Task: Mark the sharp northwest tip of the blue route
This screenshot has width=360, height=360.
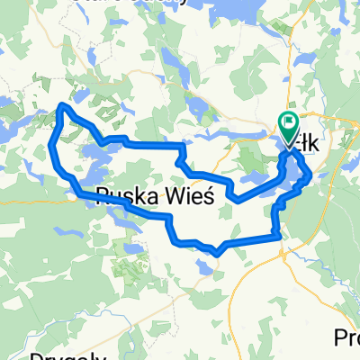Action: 60,105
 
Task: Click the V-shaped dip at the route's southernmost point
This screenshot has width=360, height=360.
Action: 218,253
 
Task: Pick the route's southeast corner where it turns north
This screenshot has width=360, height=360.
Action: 281,237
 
